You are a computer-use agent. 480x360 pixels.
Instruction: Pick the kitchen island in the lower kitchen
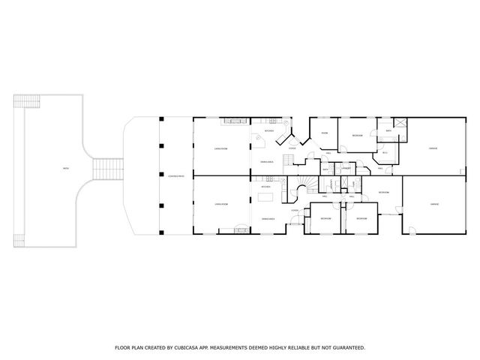268,198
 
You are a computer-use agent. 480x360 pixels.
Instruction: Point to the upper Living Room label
220,148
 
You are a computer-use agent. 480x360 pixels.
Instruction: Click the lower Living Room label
221,203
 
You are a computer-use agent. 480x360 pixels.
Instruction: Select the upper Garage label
433,148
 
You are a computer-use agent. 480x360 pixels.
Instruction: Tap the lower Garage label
433,203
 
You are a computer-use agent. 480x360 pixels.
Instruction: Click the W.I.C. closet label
385,152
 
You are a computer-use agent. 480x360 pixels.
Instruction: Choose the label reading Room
325,133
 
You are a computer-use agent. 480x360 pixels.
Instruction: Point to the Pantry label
346,169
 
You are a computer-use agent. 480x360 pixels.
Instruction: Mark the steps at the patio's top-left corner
28,100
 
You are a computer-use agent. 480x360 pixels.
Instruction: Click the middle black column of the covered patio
160,175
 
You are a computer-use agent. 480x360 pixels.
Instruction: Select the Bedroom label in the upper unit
358,136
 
